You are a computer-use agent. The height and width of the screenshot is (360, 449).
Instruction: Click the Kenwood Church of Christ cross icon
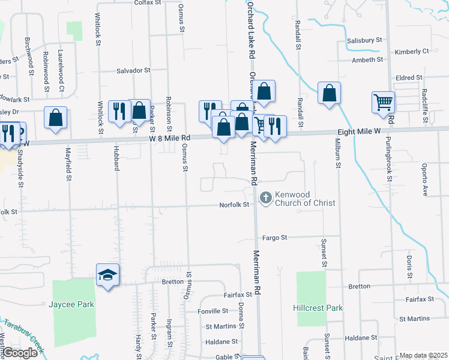265,197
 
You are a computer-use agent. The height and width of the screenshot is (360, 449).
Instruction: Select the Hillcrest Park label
318,308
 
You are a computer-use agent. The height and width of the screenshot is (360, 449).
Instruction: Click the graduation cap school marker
108,275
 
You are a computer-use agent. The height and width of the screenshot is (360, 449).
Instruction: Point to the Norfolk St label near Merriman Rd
237,205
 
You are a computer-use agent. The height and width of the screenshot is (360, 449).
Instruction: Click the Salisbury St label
364,40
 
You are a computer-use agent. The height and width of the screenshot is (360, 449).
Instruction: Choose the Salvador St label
133,70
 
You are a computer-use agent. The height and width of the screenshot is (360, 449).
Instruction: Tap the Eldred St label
410,78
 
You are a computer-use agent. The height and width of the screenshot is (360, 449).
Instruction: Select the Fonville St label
213,311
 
